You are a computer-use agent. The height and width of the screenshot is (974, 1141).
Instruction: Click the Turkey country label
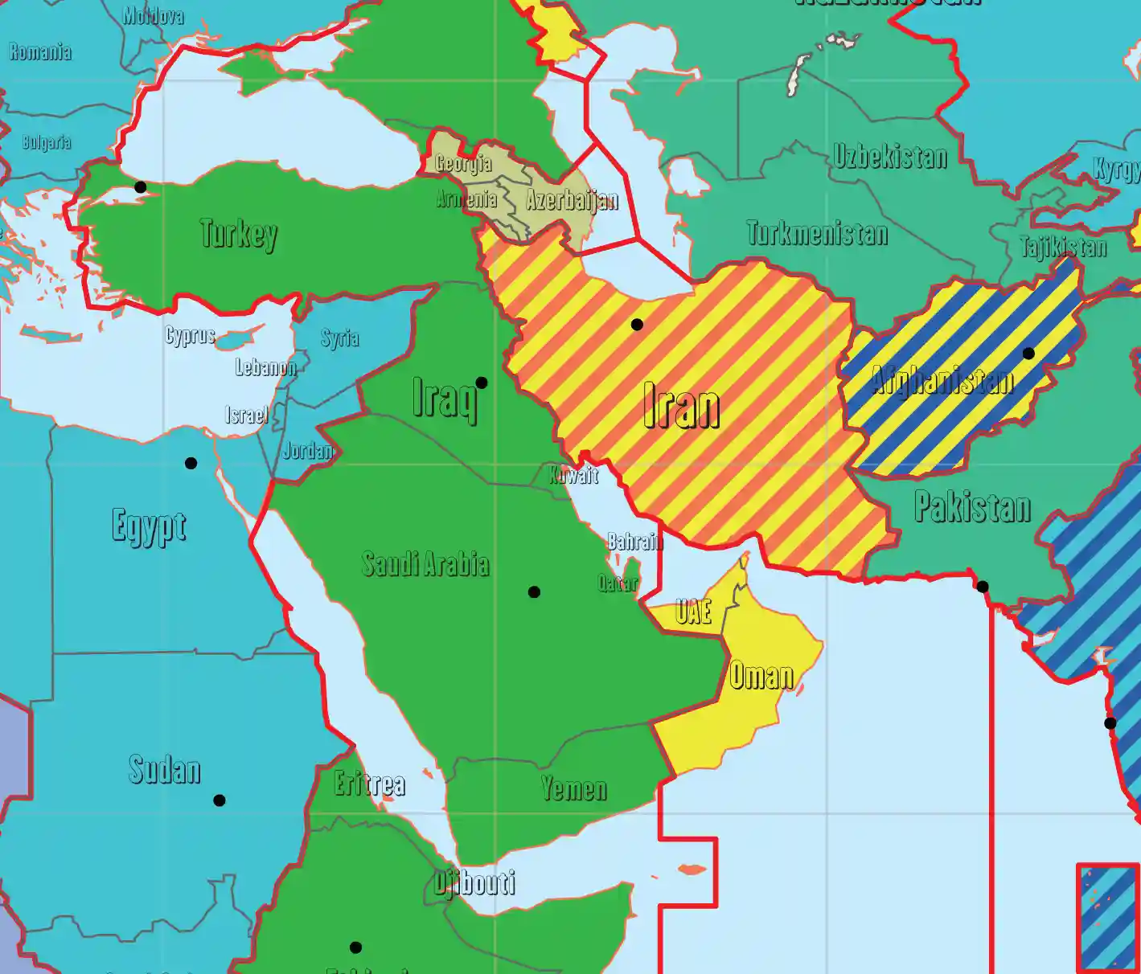pyautogui.click(x=239, y=234)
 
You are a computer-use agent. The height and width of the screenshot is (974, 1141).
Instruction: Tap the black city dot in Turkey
pyautogui.click(x=141, y=187)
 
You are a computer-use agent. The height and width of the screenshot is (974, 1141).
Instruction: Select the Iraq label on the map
pyautogui.click(x=445, y=398)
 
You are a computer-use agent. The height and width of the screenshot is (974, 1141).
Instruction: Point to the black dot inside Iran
pyautogui.click(x=637, y=325)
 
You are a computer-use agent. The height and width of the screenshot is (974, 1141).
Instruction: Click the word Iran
pyautogui.click(x=681, y=407)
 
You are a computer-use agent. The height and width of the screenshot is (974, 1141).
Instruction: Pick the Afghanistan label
pyautogui.click(x=942, y=379)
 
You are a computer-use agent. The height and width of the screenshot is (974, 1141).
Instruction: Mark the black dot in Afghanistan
pyautogui.click(x=1028, y=354)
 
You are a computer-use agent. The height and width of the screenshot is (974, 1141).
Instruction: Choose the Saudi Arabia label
pyautogui.click(x=425, y=564)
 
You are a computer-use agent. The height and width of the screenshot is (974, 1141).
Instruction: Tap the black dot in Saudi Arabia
pyautogui.click(x=534, y=592)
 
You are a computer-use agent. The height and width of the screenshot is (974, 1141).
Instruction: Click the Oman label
pyautogui.click(x=761, y=675)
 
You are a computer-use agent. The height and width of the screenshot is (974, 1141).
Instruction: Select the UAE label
pyautogui.click(x=693, y=612)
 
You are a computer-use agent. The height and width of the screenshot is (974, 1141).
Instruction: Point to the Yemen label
pyautogui.click(x=573, y=788)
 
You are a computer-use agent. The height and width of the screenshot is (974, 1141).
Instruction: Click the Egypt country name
pyautogui.click(x=149, y=527)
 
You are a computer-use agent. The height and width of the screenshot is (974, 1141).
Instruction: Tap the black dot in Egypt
pyautogui.click(x=191, y=463)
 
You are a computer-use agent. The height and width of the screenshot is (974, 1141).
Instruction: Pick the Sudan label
pyautogui.click(x=165, y=770)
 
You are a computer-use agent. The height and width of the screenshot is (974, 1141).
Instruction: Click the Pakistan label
pyautogui.click(x=972, y=507)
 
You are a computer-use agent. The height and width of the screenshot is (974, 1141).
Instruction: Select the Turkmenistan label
pyautogui.click(x=817, y=233)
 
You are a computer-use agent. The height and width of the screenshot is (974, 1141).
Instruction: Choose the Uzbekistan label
pyautogui.click(x=890, y=156)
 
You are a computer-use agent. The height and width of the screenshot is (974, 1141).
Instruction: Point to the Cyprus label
pyautogui.click(x=191, y=335)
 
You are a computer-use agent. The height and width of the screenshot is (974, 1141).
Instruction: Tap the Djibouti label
pyautogui.click(x=474, y=882)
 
